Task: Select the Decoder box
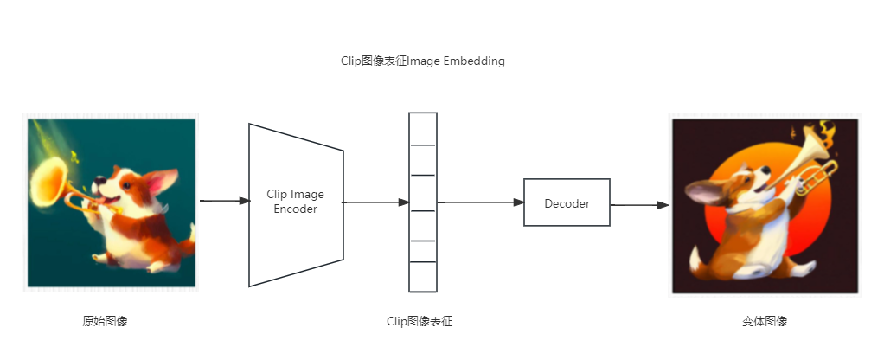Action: coord(567,203)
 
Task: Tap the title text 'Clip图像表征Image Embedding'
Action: coord(423,62)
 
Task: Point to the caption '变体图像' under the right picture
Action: coord(765,321)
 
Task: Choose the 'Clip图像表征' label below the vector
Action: coord(420,321)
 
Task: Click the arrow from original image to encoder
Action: coord(224,201)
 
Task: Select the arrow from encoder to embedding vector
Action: coord(376,202)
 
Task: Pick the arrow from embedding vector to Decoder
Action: coord(480,202)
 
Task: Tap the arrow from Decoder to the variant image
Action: coord(639,205)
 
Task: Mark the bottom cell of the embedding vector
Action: coord(423,277)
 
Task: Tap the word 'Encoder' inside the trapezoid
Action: coord(296,209)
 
